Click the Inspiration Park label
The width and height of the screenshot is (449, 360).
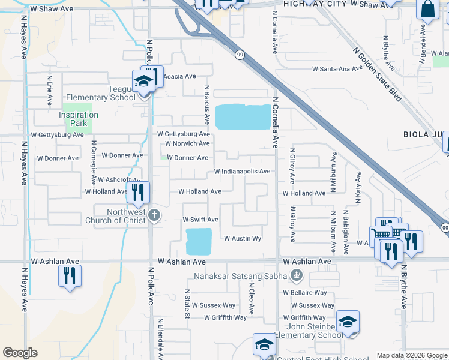click(79, 119)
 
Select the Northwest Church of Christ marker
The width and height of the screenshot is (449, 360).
click(154, 216)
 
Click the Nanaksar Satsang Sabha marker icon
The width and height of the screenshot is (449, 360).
click(295, 276)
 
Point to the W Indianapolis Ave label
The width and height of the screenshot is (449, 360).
click(243, 172)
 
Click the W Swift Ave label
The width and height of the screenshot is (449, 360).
click(200, 220)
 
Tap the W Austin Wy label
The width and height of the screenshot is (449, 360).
click(243, 239)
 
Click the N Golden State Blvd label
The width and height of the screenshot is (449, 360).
click(377, 75)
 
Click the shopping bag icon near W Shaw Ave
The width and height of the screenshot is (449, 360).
click(428, 10)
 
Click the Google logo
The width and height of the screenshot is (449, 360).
click(20, 353)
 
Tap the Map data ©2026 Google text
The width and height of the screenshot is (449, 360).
click(411, 355)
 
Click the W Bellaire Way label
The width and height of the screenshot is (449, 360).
click(305, 293)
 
